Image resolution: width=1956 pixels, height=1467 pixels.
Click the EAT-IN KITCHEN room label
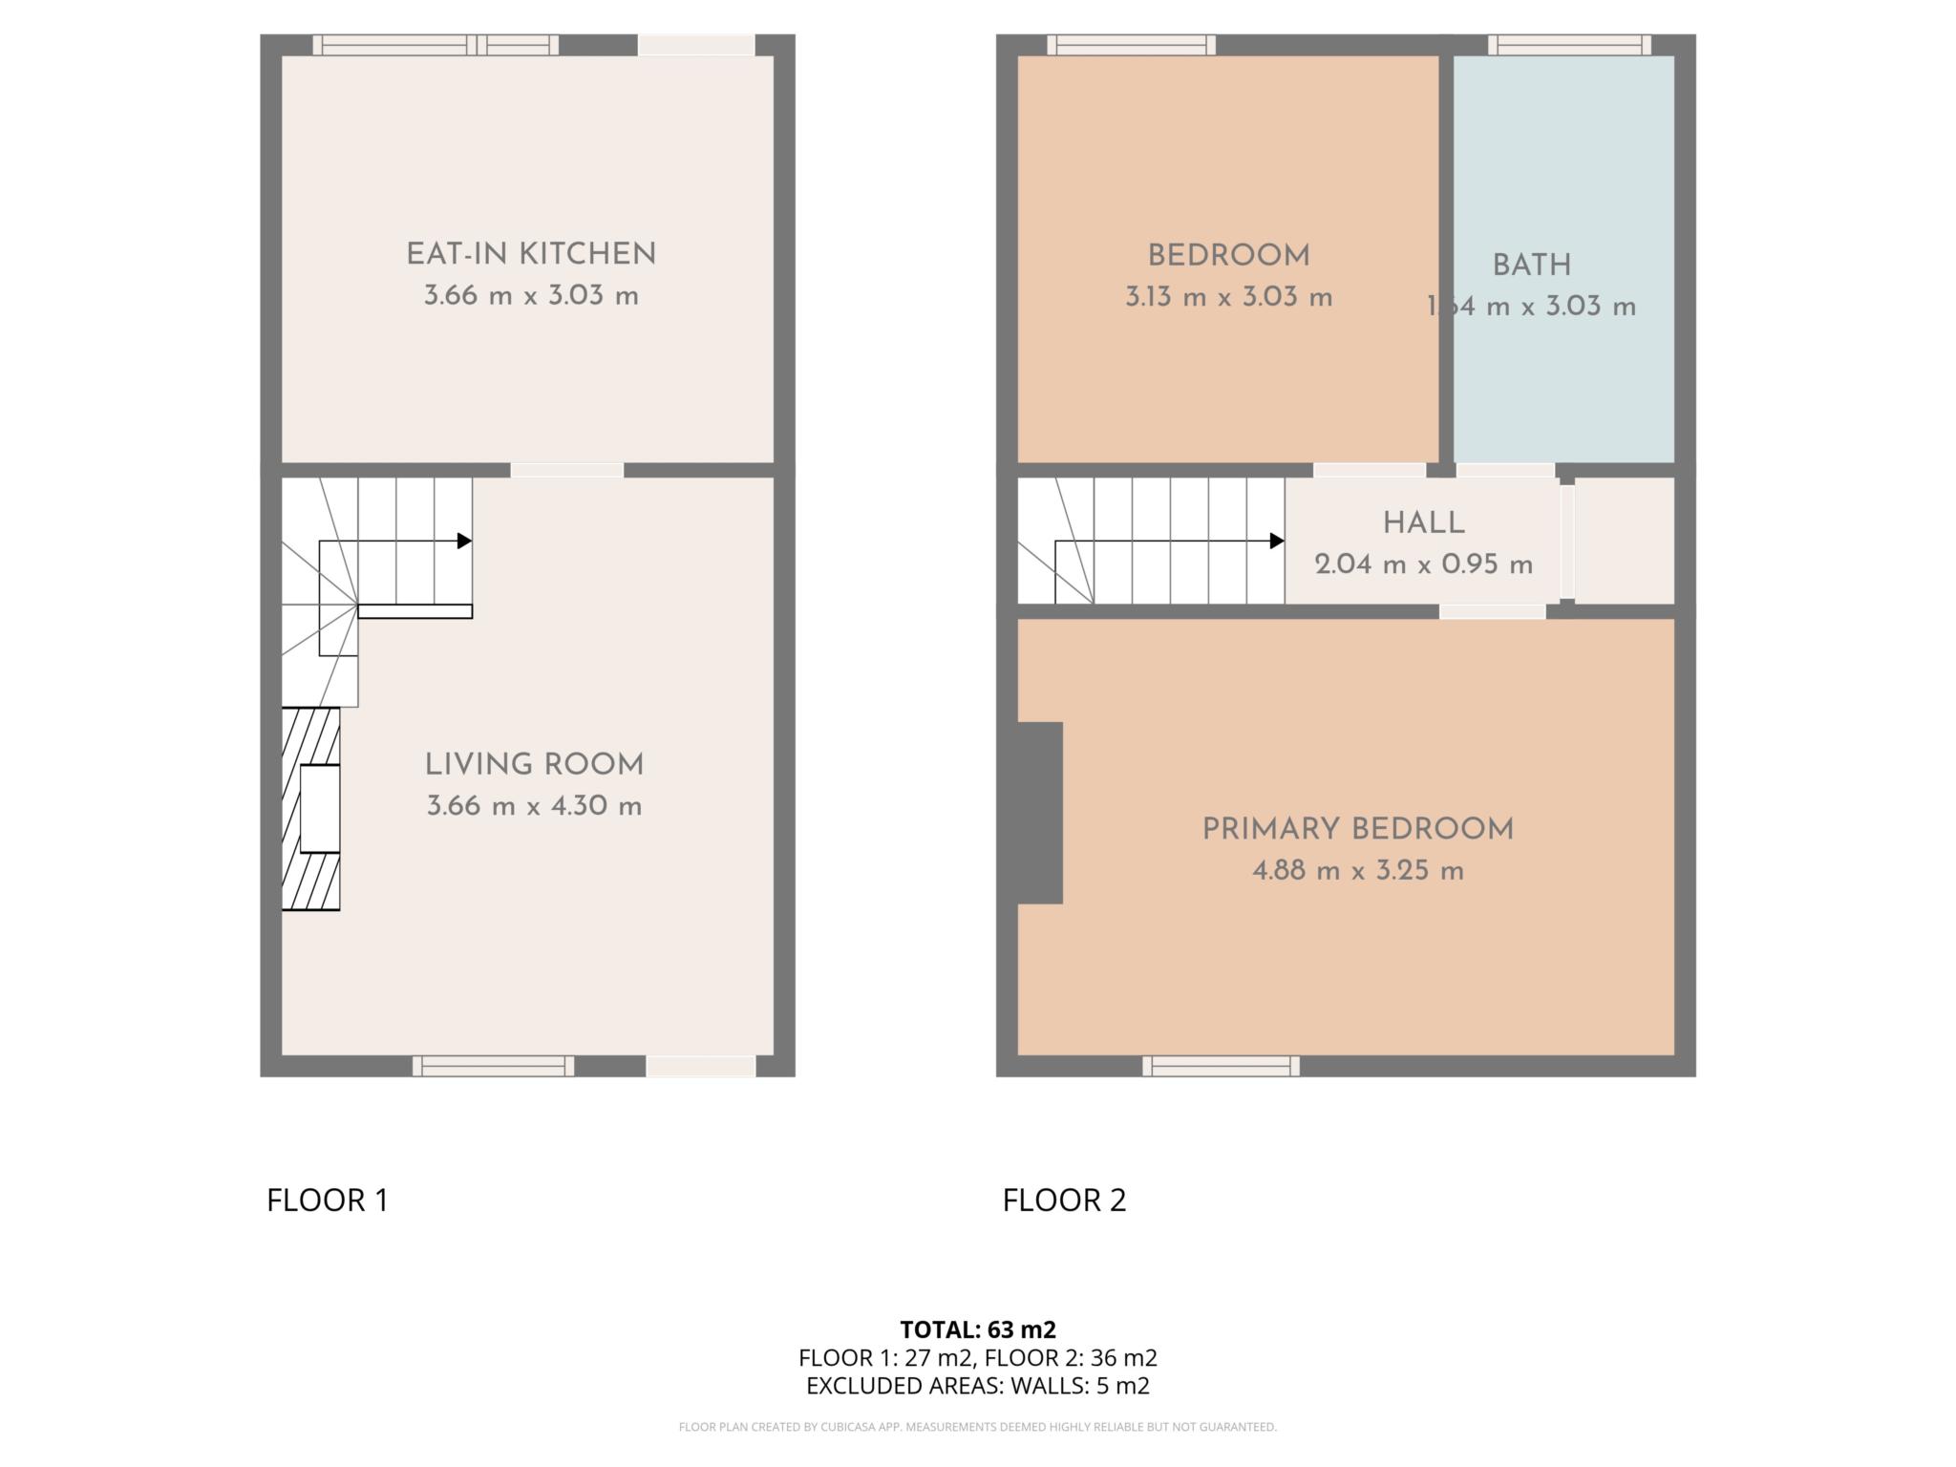[x=531, y=254]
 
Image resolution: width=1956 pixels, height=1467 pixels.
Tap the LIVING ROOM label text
[x=534, y=764]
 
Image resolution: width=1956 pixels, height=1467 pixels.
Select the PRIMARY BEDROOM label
[x=1357, y=829]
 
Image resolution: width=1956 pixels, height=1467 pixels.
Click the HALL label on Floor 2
[x=1423, y=522]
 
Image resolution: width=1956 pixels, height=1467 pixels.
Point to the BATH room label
[x=1531, y=265]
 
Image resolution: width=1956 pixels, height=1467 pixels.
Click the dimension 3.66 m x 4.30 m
[x=534, y=806]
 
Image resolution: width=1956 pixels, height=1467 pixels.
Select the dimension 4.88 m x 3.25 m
[x=1357, y=871]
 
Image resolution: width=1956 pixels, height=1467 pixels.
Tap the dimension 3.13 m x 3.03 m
[x=1228, y=297]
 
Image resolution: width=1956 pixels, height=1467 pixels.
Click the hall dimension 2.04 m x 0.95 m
[x=1423, y=564]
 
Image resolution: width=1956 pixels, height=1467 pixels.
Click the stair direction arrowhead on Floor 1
[x=465, y=541]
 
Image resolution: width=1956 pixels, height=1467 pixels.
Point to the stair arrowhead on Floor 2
[x=1277, y=541]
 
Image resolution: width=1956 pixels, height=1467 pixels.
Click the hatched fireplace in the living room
[x=310, y=808]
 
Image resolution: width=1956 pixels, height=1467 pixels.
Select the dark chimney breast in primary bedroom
[x=1040, y=812]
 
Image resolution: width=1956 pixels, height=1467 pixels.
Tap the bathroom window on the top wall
[x=1569, y=45]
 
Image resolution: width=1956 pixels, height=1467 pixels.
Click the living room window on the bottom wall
[x=493, y=1066]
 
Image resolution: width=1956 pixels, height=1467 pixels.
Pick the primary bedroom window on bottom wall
[x=1221, y=1066]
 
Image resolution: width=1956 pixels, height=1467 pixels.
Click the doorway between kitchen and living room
[x=566, y=470]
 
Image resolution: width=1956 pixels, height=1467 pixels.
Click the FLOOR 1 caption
[x=328, y=1200]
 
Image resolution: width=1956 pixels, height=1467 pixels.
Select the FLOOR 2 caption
[x=1064, y=1200]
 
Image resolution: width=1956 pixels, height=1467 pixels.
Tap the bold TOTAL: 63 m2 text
[x=978, y=1329]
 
